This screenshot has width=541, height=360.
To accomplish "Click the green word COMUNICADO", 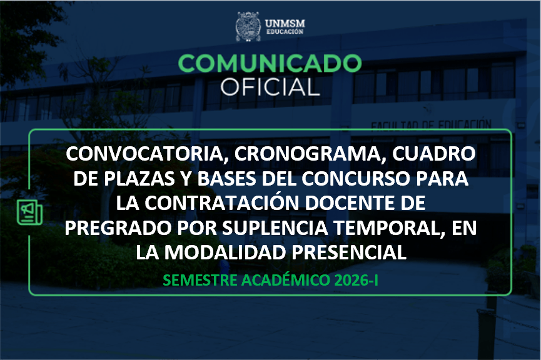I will click(270, 64).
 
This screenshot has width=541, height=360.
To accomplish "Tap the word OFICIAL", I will click(270, 87).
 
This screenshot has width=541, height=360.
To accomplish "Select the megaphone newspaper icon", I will click(28, 212).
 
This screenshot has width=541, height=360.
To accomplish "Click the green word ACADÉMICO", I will click(283, 281).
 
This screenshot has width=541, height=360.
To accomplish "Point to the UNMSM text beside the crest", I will click(285, 22).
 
